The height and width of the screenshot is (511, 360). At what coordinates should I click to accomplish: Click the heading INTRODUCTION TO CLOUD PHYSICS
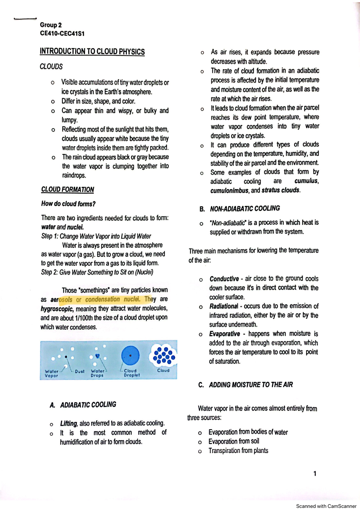92,51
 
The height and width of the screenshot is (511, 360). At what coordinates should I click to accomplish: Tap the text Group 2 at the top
51,25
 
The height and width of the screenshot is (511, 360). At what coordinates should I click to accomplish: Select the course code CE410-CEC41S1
62,34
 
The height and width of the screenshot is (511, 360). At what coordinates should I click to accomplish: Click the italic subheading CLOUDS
51,66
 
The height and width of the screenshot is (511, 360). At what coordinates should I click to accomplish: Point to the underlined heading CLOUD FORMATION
67,190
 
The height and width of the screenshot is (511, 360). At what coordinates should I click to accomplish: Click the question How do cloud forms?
68,204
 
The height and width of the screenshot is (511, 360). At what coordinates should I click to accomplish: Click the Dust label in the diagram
79,371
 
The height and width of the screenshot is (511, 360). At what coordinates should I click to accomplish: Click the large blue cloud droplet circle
130,355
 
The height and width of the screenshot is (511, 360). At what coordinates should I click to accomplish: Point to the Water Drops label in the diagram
97,373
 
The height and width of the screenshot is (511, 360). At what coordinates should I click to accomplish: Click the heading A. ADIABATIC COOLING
83,405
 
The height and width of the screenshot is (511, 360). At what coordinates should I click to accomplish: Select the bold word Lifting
69,423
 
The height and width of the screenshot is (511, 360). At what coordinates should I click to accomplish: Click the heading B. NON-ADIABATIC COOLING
239,208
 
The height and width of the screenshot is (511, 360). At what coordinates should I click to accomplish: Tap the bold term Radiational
223,306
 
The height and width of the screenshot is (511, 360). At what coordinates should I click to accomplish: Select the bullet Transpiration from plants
238,451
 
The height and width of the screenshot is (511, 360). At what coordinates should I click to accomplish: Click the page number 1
314,474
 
